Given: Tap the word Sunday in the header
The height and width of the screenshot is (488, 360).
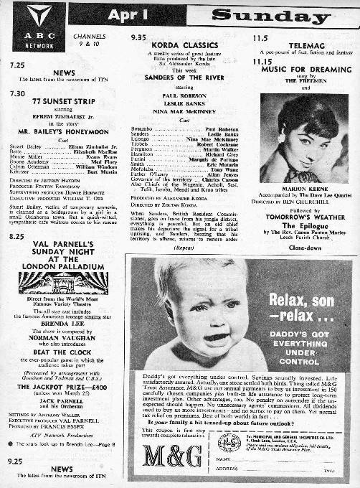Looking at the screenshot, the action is [272, 15].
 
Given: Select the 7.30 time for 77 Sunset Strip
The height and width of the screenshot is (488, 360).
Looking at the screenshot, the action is [16, 93].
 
